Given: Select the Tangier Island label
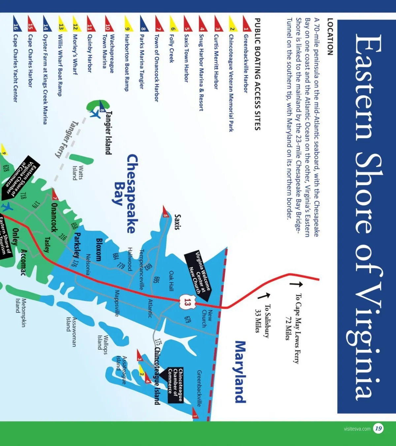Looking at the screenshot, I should (108, 133).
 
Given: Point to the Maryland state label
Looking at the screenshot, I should (240, 372).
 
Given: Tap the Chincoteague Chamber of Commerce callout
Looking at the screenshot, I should (175, 385).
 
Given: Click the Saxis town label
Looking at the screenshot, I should (178, 222).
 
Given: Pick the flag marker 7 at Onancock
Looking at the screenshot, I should (55, 195).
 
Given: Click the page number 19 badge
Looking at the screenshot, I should (378, 428).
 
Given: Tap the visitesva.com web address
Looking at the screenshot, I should (357, 429).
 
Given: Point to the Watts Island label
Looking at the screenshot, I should (78, 173).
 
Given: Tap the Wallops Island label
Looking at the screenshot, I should (103, 342).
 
